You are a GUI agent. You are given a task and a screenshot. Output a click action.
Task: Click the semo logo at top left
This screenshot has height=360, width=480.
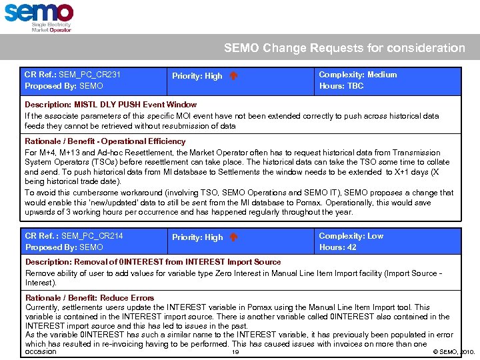coord(39,13)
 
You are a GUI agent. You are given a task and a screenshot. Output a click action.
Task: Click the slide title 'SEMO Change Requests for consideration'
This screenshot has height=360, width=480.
coord(344,48)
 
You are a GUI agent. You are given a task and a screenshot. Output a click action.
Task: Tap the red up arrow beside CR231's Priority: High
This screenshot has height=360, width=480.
coord(233,76)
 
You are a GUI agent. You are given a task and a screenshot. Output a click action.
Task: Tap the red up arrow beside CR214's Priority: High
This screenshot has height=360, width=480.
coord(233,237)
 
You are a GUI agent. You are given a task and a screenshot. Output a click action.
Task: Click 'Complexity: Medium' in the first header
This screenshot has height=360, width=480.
coord(357,75)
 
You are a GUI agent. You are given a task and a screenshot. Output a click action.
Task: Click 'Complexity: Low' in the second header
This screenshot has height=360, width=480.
coord(351,236)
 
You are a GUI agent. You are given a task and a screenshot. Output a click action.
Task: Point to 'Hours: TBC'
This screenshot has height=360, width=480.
coord(341,86)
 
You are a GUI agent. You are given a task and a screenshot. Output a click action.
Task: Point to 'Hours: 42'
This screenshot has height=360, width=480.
coord(337,247)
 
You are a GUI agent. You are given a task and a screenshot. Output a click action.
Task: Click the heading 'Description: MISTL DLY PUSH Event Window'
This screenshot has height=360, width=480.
coord(111,105)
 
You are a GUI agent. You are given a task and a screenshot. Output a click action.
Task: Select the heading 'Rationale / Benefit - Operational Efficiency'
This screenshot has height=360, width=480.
coord(105,141)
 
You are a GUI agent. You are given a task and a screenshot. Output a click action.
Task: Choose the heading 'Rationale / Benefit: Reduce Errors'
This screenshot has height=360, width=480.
coord(89,298)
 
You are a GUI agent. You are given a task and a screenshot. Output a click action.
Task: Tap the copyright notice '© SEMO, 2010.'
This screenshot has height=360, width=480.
coord(453,351)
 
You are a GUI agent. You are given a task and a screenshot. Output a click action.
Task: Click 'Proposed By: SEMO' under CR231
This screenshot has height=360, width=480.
coord(64,86)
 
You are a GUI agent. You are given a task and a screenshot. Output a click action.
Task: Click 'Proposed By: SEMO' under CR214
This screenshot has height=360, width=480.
coord(64,247)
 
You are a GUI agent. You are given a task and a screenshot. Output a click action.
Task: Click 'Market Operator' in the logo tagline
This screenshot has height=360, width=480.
coord(51,31)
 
